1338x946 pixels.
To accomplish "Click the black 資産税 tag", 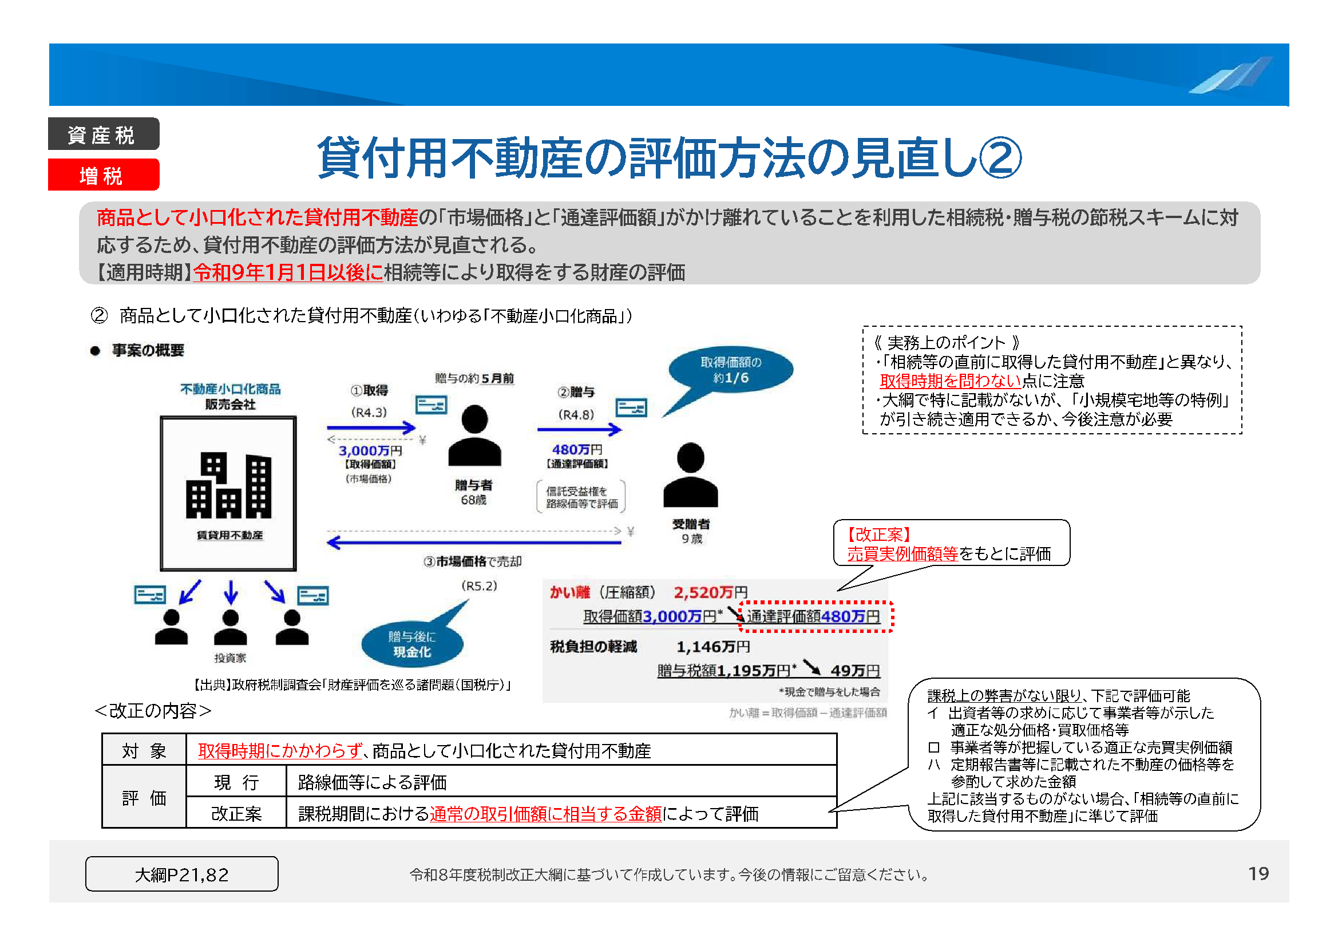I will tap(103, 134).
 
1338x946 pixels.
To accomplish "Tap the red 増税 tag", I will tap(103, 175).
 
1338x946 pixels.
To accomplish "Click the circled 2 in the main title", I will tap(1000, 157).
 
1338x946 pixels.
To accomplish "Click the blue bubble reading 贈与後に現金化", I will tap(412, 644).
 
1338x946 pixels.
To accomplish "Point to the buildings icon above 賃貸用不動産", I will tap(228, 485).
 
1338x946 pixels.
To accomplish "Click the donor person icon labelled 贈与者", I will tap(474, 436).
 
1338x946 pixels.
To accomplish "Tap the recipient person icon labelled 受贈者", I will tap(691, 474).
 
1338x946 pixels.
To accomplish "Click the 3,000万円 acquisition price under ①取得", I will tap(370, 450).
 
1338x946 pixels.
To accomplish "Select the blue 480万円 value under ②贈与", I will tap(576, 449).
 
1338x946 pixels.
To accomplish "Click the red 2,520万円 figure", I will tap(710, 592).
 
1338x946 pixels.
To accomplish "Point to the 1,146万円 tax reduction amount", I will tap(712, 646).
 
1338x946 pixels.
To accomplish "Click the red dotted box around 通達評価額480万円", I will tap(816, 616).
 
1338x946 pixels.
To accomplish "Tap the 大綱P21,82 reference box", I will tap(182, 874).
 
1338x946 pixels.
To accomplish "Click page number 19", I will tap(1258, 873).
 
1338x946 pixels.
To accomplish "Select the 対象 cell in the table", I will tap(144, 751).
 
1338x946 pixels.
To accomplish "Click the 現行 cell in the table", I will tap(236, 782).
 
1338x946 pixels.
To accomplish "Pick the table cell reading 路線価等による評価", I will tap(561, 782).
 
